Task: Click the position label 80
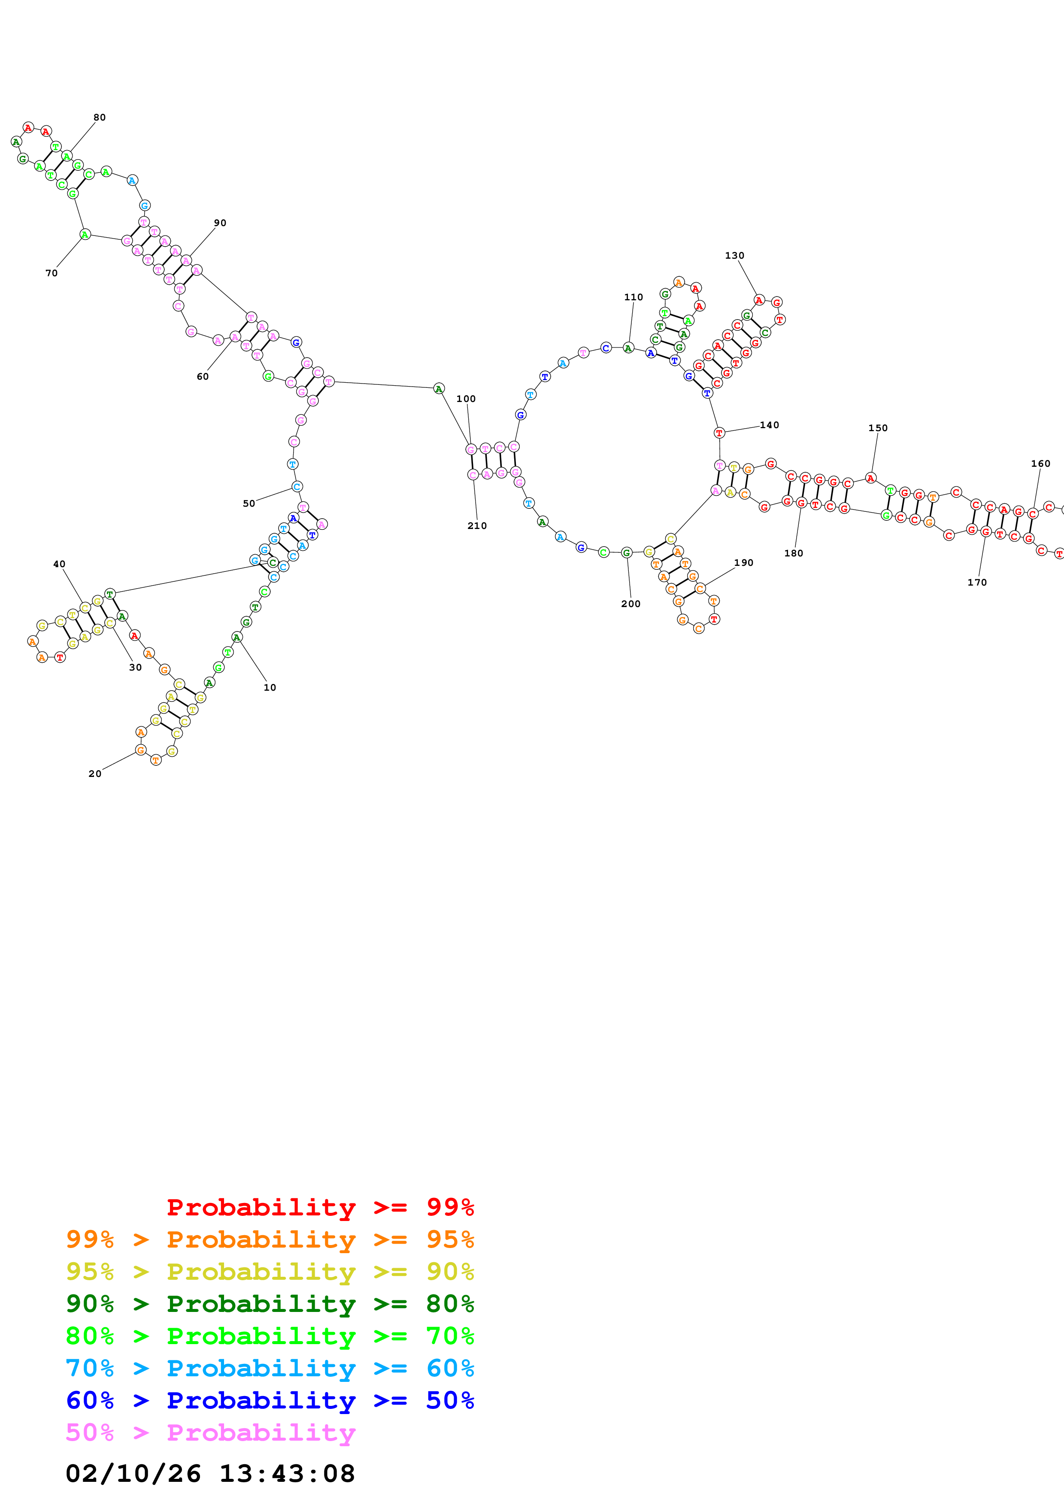tap(99, 117)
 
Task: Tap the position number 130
tap(734, 256)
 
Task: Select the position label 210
tap(476, 526)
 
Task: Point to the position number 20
tap(94, 774)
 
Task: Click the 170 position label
tap(977, 582)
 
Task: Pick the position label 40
tap(59, 564)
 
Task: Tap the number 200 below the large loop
tap(631, 604)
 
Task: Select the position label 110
tap(633, 297)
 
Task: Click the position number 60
tap(203, 376)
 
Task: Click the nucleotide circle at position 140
tap(719, 432)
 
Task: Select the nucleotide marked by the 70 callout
tap(85, 235)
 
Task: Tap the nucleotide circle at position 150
tap(870, 478)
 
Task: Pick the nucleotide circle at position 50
tap(297, 487)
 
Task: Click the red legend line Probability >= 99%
tap(320, 1207)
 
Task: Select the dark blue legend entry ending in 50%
tap(270, 1400)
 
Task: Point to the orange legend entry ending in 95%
tap(270, 1239)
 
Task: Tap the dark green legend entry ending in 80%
tap(270, 1304)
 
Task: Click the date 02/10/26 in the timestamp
tap(133, 1474)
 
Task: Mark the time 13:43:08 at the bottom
tap(286, 1474)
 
